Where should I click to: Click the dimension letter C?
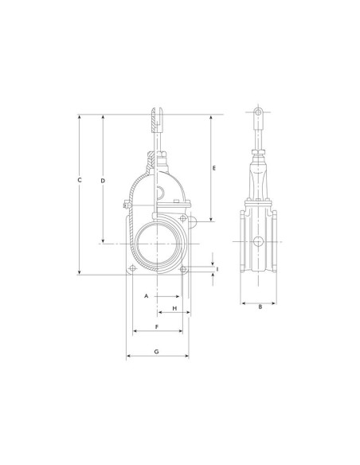click(x=79, y=180)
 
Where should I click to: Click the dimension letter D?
click(x=103, y=181)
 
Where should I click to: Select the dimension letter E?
click(x=214, y=168)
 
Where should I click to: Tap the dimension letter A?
click(x=146, y=296)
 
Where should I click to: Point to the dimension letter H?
click(x=174, y=308)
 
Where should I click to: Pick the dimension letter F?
click(x=157, y=326)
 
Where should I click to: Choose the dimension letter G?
click(x=157, y=351)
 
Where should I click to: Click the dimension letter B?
click(x=260, y=307)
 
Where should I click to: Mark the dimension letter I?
click(x=217, y=269)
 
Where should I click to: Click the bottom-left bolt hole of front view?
click(x=132, y=268)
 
